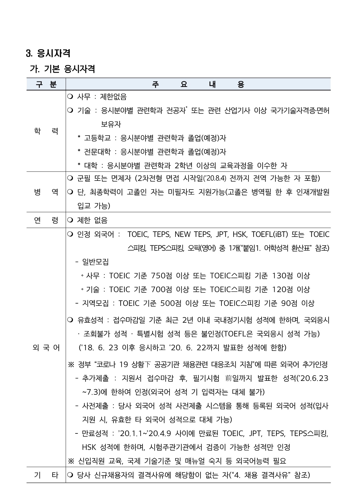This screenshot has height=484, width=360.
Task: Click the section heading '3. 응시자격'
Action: [x=48, y=53]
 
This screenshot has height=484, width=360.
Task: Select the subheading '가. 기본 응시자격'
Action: [x=62, y=69]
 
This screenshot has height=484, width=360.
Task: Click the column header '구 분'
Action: [x=46, y=85]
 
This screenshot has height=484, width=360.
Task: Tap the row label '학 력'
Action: [x=46, y=131]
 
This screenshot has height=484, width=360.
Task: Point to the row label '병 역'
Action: [x=46, y=192]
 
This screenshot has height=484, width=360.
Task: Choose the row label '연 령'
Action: [x=46, y=220]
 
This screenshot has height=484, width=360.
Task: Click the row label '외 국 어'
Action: [x=46, y=348]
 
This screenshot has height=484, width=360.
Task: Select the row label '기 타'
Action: [x=46, y=475]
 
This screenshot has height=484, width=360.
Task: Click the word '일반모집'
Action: [x=95, y=262]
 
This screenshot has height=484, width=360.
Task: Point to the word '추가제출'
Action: [x=95, y=378]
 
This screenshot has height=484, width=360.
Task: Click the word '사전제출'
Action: [x=95, y=406]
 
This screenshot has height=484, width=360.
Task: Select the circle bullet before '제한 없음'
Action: [x=71, y=220]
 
